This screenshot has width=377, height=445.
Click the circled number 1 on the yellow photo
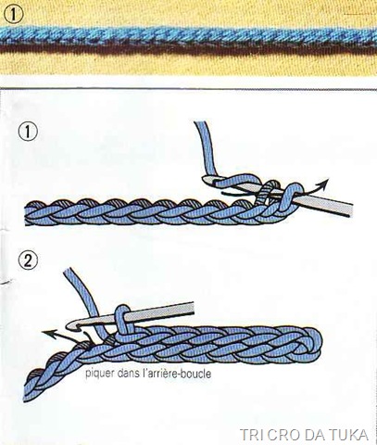[x=14, y=15]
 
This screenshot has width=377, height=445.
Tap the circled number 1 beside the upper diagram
[x=28, y=133]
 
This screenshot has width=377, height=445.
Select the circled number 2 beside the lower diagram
[x=28, y=261]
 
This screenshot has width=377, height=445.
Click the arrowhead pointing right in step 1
[x=325, y=182]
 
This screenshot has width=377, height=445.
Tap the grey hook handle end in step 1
[x=350, y=210]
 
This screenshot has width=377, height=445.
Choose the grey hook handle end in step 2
[x=192, y=308]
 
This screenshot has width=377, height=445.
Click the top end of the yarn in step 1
[x=201, y=123]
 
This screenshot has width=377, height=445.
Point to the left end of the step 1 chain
[x=27, y=213]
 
